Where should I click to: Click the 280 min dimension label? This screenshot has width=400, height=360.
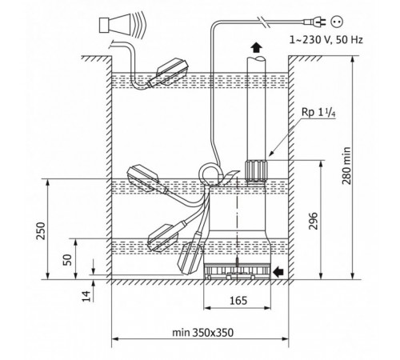(346, 166)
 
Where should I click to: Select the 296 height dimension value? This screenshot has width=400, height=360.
(314, 221)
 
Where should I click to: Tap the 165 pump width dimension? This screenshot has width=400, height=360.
(238, 301)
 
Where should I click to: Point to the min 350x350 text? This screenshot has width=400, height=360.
(202, 333)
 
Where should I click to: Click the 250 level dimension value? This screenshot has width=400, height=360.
(41, 230)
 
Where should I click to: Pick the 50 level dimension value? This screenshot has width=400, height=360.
(67, 260)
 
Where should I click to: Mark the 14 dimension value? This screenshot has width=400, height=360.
(86, 296)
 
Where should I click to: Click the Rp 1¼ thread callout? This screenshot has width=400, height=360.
(318, 112)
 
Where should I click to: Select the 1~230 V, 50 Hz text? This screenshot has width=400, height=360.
(326, 40)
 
